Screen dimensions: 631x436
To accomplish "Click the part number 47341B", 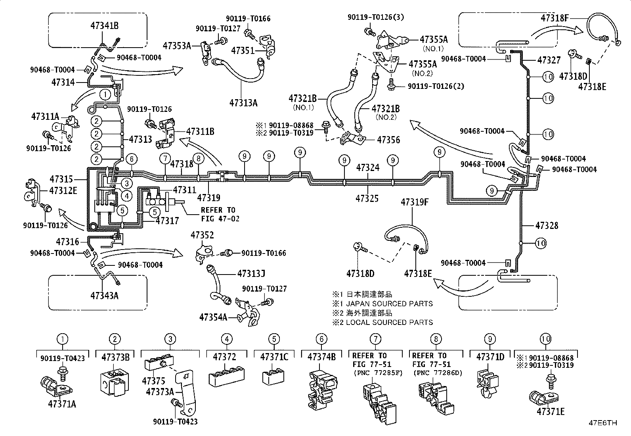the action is [x=105, y=26].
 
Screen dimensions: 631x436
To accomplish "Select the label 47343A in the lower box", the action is [x=105, y=296].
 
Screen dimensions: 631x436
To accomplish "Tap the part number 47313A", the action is [x=243, y=103].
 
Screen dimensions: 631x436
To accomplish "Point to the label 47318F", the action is [x=555, y=18].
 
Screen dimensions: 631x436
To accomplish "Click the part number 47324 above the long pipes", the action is [x=368, y=167].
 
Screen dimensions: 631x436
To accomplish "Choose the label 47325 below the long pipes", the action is [x=367, y=198].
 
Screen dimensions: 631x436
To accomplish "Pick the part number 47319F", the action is [x=415, y=202].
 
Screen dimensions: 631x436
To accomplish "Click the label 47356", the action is [x=388, y=140].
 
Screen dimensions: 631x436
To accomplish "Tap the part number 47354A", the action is [x=213, y=317].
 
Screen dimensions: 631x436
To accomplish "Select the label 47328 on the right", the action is [x=547, y=226].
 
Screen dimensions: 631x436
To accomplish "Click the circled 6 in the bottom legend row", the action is [x=321, y=339].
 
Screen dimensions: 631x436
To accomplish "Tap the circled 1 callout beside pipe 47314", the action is [x=105, y=94].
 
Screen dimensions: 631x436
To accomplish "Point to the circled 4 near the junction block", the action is [x=127, y=196].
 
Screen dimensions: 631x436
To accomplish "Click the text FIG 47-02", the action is [x=220, y=219].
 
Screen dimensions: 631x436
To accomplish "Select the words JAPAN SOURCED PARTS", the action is [x=389, y=304].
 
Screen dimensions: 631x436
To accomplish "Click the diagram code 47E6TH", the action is [x=603, y=423].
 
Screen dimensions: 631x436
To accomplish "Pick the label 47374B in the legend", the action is [x=322, y=357].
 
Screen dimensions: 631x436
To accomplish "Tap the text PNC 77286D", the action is [x=438, y=373].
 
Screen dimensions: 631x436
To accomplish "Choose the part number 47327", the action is [x=549, y=60].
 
